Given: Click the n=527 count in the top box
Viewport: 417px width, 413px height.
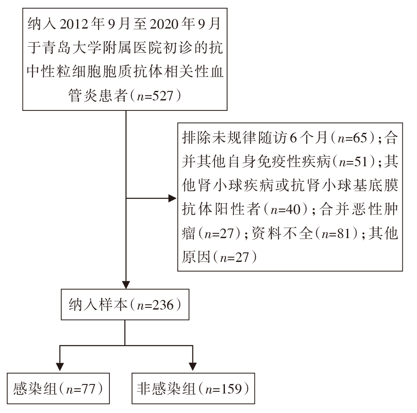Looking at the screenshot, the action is pyautogui.click(x=155, y=96).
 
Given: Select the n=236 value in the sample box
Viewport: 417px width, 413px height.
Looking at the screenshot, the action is pyautogui.click(x=155, y=305).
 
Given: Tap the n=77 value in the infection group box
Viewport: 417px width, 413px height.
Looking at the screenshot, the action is pyautogui.click(x=81, y=389).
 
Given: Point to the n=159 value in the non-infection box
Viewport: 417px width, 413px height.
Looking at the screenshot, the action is pyautogui.click(x=224, y=389).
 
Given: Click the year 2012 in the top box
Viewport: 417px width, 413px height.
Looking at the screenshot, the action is pyautogui.click(x=74, y=24).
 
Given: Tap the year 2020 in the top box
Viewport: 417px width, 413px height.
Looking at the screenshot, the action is pyautogui.click(x=164, y=24).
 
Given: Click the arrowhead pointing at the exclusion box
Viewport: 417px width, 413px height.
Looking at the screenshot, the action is pyautogui.click(x=173, y=198).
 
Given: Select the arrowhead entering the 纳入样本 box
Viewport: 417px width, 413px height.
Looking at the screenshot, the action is pyautogui.click(x=126, y=285).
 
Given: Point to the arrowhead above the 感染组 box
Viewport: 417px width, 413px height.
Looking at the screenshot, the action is pyautogui.click(x=60, y=366).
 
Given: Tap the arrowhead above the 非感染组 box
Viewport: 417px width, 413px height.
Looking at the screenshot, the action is pyautogui.click(x=192, y=366).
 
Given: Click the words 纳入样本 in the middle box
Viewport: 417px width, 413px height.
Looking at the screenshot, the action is pyautogui.click(x=98, y=305).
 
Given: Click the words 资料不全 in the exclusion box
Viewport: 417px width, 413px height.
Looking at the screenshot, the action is pyautogui.click(x=282, y=233).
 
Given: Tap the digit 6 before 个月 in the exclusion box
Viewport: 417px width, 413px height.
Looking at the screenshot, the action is pyautogui.click(x=293, y=138).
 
